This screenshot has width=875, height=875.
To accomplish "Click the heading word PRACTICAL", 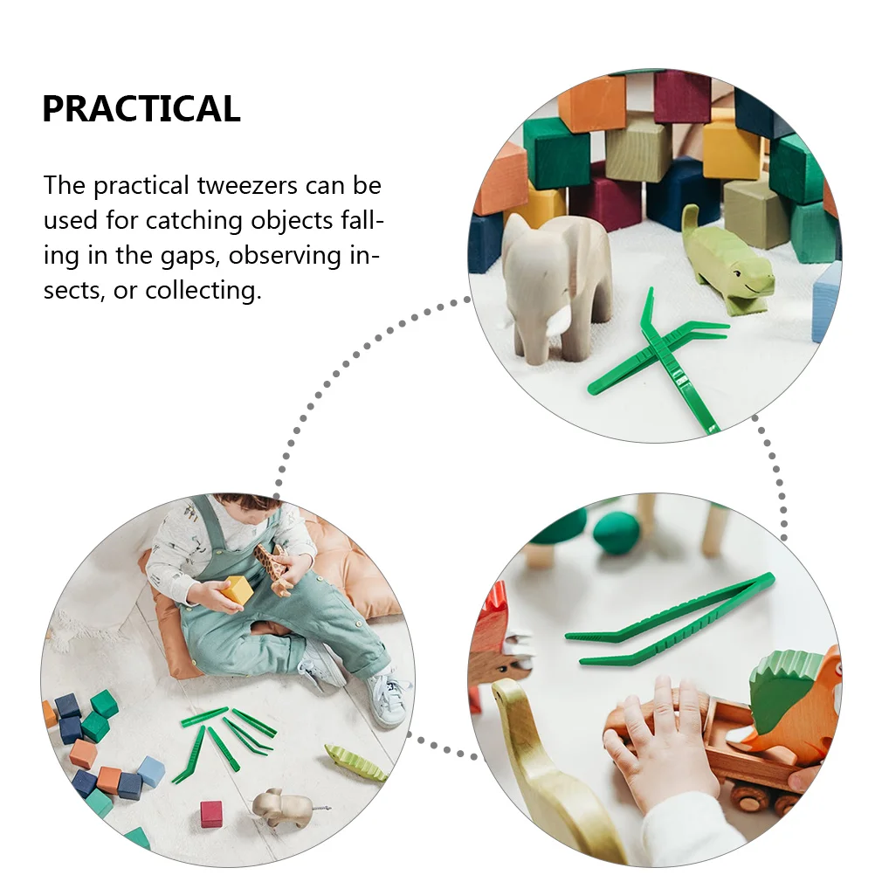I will point(141,109).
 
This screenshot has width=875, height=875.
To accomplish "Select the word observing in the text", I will point(290,255).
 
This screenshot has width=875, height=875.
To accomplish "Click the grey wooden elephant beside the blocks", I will point(556,279).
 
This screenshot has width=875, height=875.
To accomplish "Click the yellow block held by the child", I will point(237,590).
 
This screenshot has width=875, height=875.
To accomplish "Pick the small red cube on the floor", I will point(211,814).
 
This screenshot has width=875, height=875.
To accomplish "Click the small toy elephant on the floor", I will point(281,808).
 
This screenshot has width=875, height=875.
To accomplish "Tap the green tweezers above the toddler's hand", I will point(670,621).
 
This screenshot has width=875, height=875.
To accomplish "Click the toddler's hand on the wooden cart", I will point(657,743).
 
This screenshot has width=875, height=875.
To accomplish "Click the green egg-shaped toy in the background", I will point(617,532).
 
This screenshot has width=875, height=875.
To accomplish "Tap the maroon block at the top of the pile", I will point(682,96).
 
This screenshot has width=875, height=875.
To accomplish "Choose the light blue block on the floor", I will point(151,771).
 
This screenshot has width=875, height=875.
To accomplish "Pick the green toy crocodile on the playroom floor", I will point(355,763).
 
